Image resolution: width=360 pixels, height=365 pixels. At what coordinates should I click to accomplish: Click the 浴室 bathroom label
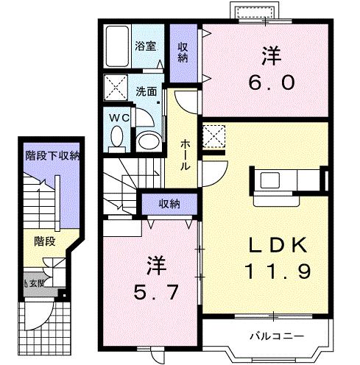pyautogui.click(x=146, y=46)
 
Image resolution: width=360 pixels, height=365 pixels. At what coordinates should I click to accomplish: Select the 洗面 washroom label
pyautogui.click(x=146, y=92)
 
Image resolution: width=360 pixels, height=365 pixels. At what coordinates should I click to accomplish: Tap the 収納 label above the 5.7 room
pyautogui.click(x=169, y=204)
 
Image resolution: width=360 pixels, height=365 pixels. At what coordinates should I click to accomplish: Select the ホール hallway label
pyautogui.click(x=185, y=152)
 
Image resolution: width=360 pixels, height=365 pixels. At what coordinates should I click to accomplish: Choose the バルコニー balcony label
pyautogui.click(x=273, y=336)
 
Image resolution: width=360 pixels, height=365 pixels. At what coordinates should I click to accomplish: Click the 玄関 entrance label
pyautogui.click(x=37, y=282)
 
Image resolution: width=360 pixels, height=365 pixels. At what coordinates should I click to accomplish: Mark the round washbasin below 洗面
pyautogui.click(x=147, y=139)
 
